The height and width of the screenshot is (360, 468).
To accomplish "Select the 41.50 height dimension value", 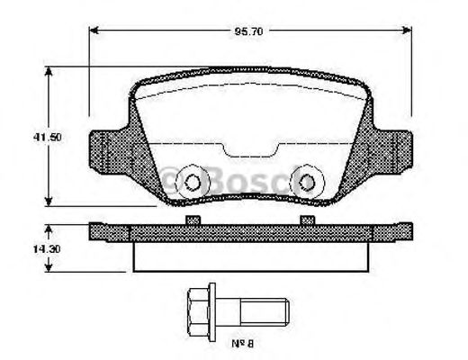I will click(35, 139).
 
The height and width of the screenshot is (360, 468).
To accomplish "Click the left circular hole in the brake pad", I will click(191, 182).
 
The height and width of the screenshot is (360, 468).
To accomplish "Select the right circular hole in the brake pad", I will click(309, 182).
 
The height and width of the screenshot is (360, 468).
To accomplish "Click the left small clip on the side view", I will click(191, 219).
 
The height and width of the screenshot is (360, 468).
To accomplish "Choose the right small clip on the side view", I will click(309, 219).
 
